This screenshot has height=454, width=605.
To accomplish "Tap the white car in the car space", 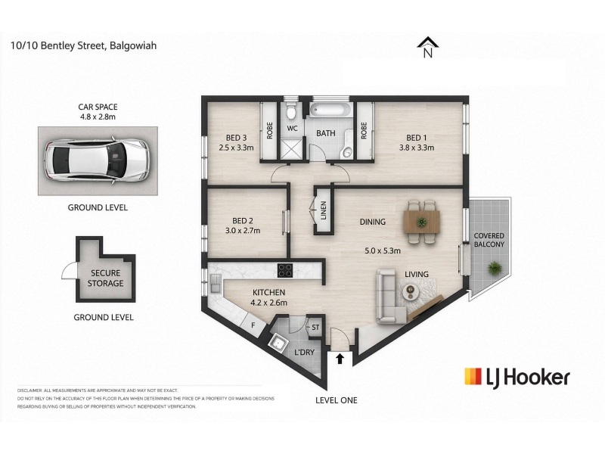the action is pyautogui.click(x=97, y=160).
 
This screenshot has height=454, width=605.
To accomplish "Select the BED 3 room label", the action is pyautogui.click(x=236, y=138).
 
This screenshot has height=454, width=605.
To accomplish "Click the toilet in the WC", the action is pyautogui.click(x=292, y=111).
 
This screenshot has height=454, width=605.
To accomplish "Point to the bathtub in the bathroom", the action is pyautogui.click(x=330, y=110).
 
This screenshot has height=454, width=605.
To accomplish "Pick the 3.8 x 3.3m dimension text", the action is pyautogui.click(x=417, y=148).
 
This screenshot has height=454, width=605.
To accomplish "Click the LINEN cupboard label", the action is pyautogui.click(x=324, y=210).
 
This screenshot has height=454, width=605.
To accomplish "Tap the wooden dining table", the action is pyautogui.click(x=422, y=222).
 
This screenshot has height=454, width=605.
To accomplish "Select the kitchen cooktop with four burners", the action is pyautogui.click(x=285, y=270).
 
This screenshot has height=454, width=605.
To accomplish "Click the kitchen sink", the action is pyautogui.click(x=215, y=284).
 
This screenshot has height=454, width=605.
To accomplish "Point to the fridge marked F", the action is pyautogui.click(x=253, y=325).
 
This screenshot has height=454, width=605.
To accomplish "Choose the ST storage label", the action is pyautogui.click(x=315, y=328).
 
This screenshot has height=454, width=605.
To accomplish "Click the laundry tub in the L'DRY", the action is pyautogui.click(x=278, y=342).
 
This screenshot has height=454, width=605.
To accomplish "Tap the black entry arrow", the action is pyautogui.click(x=340, y=359).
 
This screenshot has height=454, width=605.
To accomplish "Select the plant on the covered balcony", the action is pyautogui.click(x=494, y=268).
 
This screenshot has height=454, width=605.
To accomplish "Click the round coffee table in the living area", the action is pyautogui.click(x=411, y=291).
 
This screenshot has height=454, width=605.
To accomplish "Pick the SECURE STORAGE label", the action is pyautogui.click(x=105, y=278).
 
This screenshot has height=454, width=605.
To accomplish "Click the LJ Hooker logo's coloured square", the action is pyautogui.click(x=473, y=376).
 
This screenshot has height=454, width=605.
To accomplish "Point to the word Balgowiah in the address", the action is pyautogui.click(x=133, y=45).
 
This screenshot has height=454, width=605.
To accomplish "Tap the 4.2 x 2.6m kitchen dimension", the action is pyautogui.click(x=269, y=303).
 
